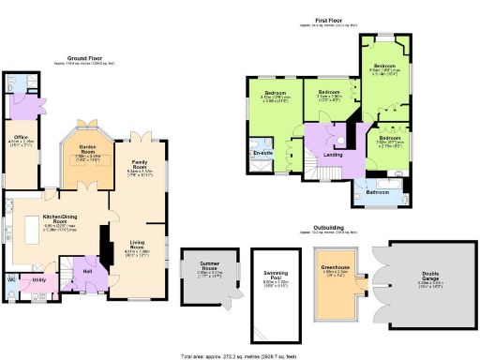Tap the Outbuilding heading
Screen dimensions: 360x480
[326, 227]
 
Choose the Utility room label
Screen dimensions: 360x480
[39, 279]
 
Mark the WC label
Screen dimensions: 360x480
[11, 278]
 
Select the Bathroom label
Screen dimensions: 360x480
[378, 191]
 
